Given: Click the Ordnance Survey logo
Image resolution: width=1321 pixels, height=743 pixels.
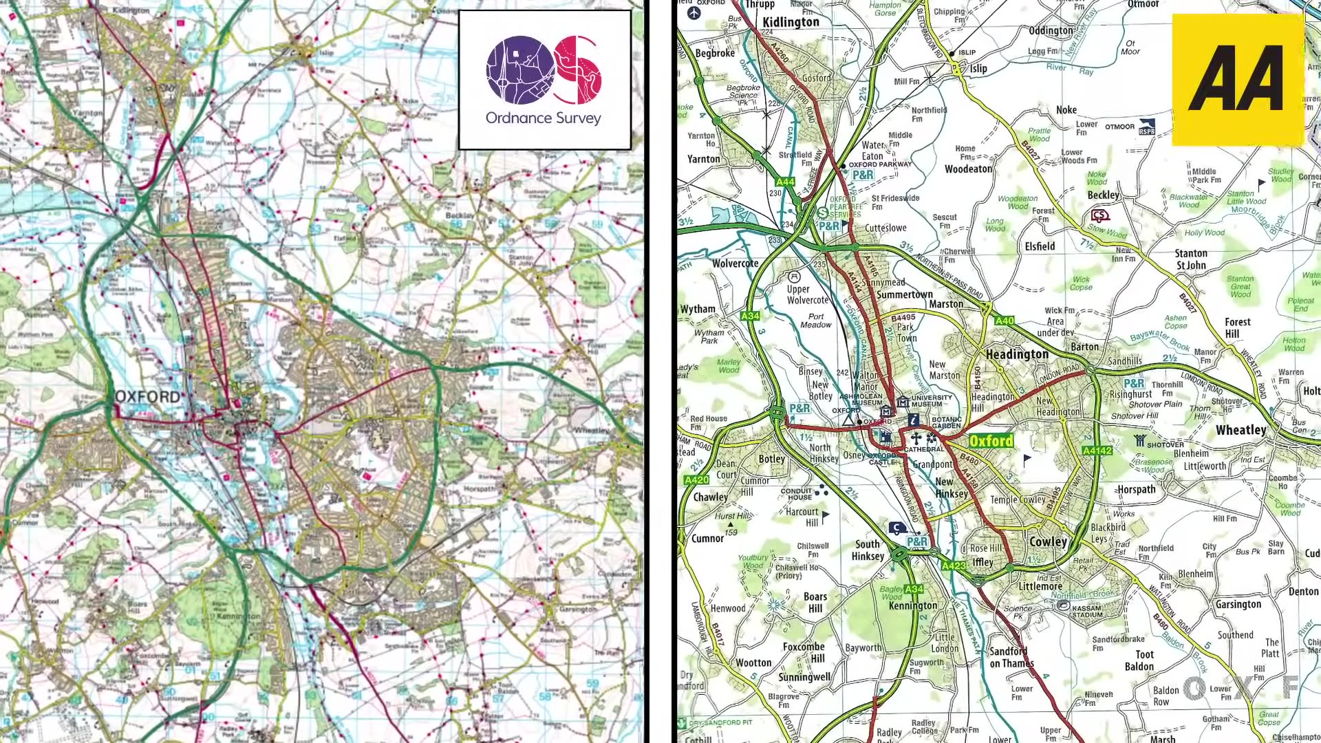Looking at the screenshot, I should click(544, 80).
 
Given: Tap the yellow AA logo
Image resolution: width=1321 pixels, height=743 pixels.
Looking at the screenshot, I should click(1237, 80).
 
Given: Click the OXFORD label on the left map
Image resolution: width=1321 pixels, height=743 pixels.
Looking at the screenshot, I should click(147, 397).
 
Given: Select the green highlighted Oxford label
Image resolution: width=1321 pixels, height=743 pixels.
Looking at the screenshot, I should click(991, 441).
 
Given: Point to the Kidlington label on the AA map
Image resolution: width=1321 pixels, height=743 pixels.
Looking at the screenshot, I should click(791, 22).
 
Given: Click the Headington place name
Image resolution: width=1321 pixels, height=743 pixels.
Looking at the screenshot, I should click(1017, 354).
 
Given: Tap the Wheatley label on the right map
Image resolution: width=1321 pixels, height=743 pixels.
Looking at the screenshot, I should click(1241, 430).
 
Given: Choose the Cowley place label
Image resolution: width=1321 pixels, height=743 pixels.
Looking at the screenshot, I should click(1047, 541).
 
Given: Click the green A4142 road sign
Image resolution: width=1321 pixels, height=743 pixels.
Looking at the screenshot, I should click(1097, 451).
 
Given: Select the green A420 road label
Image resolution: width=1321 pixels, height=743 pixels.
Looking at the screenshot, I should click(696, 480).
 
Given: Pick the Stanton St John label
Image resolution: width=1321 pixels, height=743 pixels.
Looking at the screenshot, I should click(1191, 259).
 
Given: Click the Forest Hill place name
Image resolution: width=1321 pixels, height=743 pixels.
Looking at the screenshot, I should click(1236, 327).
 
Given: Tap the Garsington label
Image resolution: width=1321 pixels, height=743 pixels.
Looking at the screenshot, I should click(1238, 604).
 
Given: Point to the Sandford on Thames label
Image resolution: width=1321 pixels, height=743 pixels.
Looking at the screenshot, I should click(1010, 657).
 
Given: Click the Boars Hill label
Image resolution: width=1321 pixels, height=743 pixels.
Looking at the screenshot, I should click(815, 602).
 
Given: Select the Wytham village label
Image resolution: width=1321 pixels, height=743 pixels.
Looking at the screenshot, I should click(698, 309).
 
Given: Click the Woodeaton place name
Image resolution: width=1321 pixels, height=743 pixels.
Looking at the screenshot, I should click(968, 169).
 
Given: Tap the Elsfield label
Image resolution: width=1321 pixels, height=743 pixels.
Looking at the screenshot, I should click(1039, 246).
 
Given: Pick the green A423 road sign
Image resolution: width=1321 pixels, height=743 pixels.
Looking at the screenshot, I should click(954, 566).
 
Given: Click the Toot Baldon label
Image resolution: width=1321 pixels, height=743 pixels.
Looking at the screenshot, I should click(1139, 660).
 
